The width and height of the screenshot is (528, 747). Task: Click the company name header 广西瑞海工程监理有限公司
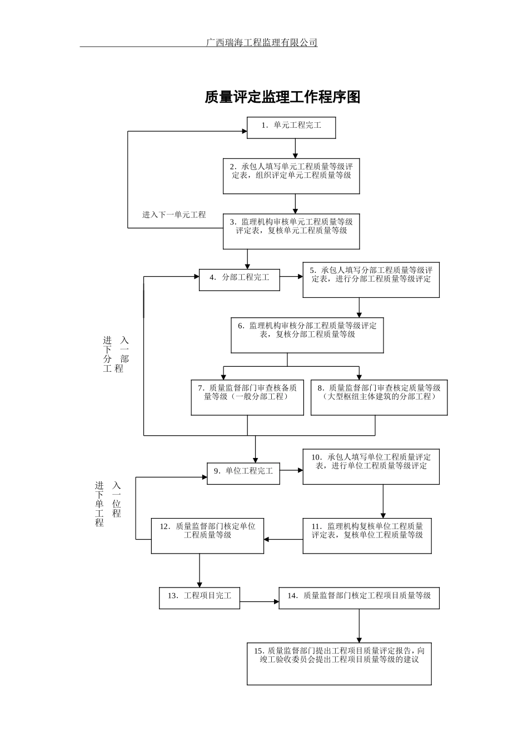pyautogui.click(x=262, y=42)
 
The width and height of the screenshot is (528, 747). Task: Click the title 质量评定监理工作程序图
pyautogui.click(x=282, y=97)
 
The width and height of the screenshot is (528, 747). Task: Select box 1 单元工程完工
pyautogui.click(x=292, y=128)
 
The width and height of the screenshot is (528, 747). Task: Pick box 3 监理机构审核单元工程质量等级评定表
pyautogui.click(x=291, y=231)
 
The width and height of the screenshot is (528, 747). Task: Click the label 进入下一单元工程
pyautogui.click(x=174, y=215)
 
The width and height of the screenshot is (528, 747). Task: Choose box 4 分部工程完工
pyautogui.click(x=240, y=280)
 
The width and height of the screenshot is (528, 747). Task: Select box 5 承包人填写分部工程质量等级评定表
pyautogui.click(x=371, y=280)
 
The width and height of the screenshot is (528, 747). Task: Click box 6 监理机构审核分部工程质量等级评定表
pyautogui.click(x=307, y=335)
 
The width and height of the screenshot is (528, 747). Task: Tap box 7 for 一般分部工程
pyautogui.click(x=247, y=398)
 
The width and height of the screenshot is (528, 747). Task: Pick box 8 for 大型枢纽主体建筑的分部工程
pyautogui.click(x=379, y=398)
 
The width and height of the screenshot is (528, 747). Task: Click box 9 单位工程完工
pyautogui.click(x=243, y=473)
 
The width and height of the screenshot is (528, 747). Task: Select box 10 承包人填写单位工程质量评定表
pyautogui.click(x=371, y=466)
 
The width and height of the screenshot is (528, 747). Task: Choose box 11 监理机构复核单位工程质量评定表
pyautogui.click(x=367, y=536)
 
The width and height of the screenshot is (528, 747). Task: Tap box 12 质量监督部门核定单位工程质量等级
pyautogui.click(x=207, y=536)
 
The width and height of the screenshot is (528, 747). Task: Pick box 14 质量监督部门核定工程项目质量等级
pyautogui.click(x=359, y=597)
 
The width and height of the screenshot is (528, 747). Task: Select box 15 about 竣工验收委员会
pyautogui.click(x=339, y=664)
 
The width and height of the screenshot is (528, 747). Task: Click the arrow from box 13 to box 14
pyautogui.click(x=259, y=601)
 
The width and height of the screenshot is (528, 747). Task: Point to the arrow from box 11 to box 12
pyautogui.click(x=283, y=539)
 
